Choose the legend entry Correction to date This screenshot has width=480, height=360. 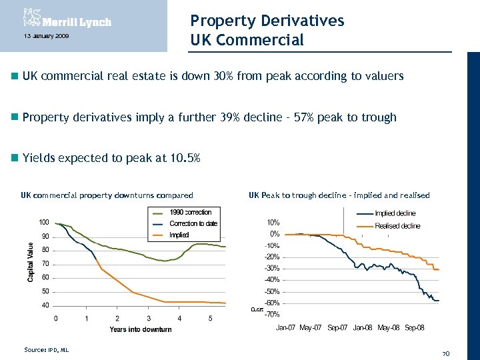(x=193, y=223)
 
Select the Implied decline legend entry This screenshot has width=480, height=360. (x=395, y=214)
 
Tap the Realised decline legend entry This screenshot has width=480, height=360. (x=397, y=226)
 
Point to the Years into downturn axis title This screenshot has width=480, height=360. (x=140, y=329)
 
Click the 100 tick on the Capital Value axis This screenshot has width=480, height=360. (x=43, y=221)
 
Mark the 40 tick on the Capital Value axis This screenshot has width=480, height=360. (x=45, y=305)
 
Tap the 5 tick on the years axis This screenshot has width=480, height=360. (x=210, y=318)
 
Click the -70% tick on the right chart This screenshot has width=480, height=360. (x=271, y=314)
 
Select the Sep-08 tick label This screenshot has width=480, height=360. (x=414, y=327)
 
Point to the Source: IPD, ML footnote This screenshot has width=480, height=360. (x=46, y=349)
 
